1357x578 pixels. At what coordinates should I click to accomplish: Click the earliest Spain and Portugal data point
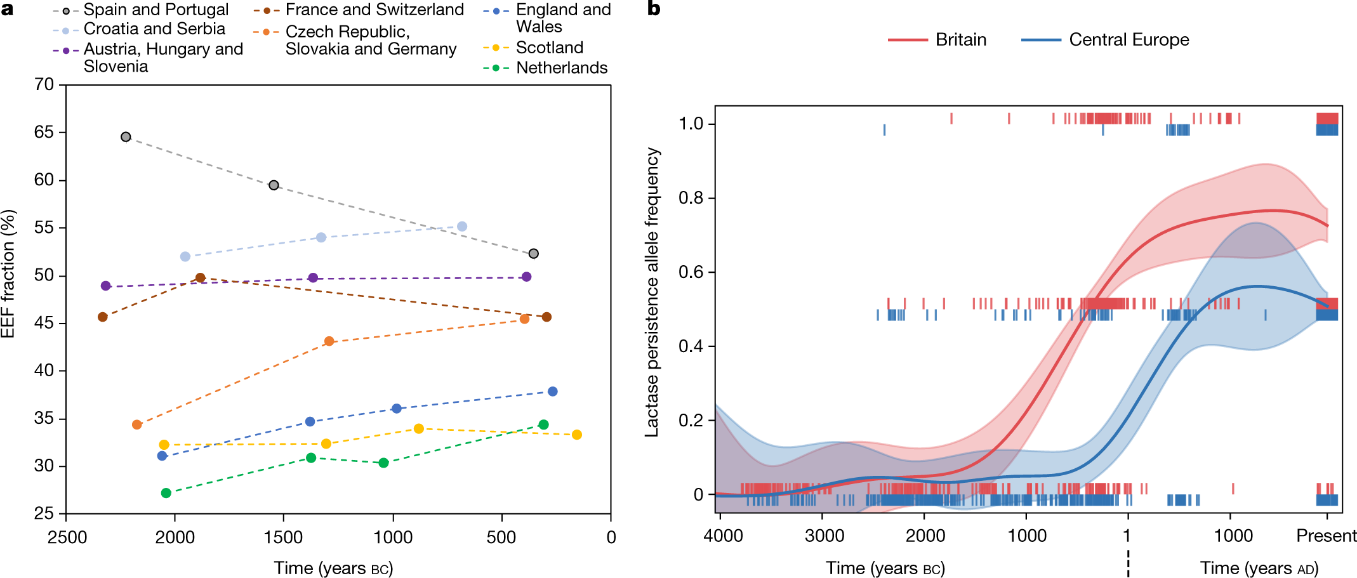click(x=126, y=137)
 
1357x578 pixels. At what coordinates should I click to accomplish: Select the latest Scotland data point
click(x=577, y=435)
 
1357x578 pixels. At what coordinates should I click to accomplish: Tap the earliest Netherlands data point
click(x=166, y=493)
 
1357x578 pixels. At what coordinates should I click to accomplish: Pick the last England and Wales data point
click(x=553, y=391)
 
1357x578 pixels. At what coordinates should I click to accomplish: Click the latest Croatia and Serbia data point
click(x=462, y=227)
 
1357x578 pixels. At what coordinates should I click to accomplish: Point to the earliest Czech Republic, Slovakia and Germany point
click(x=137, y=424)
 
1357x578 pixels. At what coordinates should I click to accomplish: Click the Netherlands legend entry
click(x=545, y=68)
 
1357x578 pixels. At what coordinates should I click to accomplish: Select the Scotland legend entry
click(x=533, y=48)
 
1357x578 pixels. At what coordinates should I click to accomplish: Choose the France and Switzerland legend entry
click(x=359, y=10)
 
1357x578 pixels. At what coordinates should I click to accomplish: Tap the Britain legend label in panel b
click(x=961, y=39)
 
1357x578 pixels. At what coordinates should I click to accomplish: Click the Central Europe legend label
click(x=1129, y=39)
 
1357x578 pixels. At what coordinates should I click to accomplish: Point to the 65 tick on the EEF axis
click(x=44, y=132)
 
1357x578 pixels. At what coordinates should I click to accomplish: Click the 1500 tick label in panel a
click(x=283, y=537)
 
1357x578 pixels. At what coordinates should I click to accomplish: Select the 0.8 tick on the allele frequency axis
click(x=691, y=198)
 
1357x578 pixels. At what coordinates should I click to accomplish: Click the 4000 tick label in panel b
click(x=723, y=536)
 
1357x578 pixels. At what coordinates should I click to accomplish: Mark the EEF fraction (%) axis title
click(x=8, y=273)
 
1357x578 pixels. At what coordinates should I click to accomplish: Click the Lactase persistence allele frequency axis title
click(x=652, y=292)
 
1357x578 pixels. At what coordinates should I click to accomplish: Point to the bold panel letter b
click(x=654, y=9)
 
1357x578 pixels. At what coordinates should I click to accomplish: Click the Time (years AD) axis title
click(x=1259, y=568)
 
